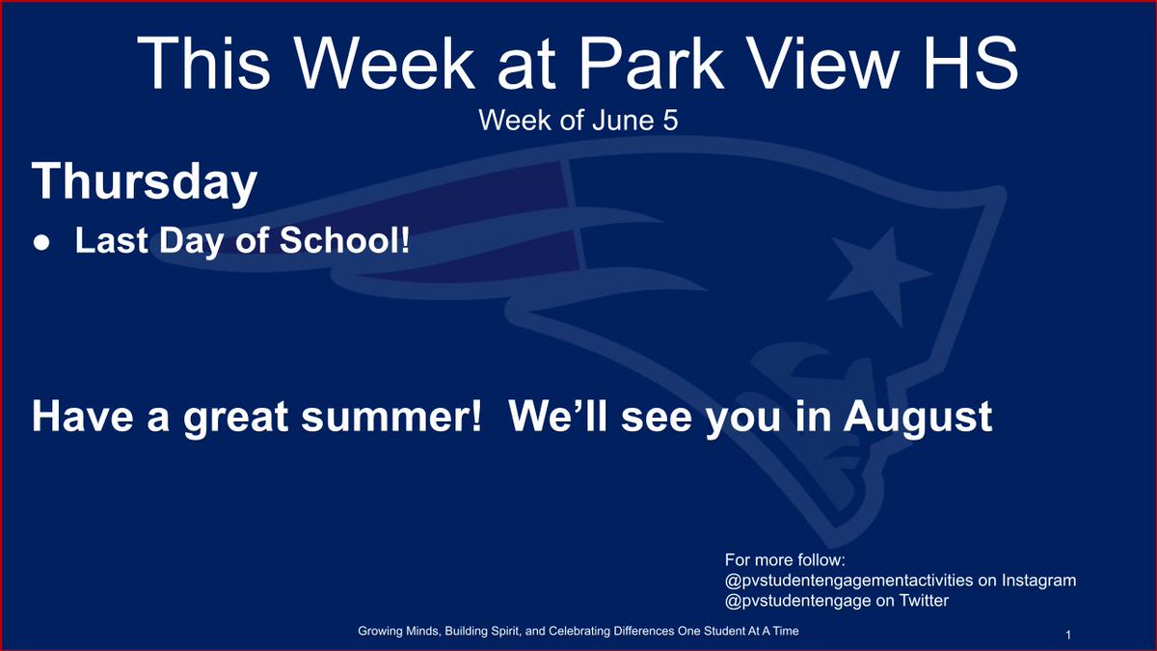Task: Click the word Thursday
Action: [145, 181]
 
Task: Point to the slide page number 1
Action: [1070, 634]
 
